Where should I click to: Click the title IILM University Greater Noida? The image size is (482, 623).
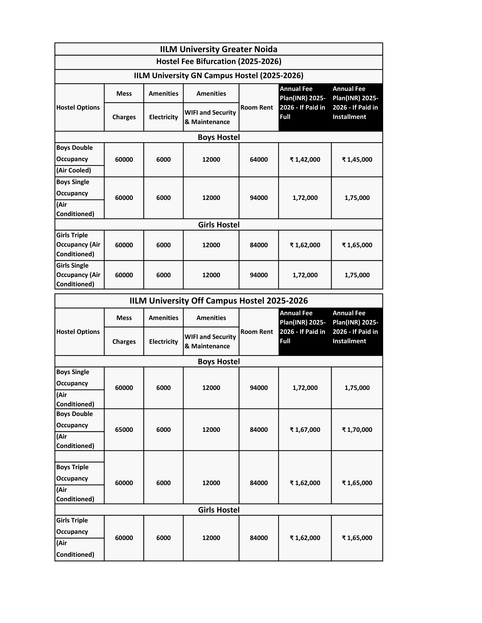point(218,49)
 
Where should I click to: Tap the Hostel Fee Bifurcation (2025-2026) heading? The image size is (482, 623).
point(218,62)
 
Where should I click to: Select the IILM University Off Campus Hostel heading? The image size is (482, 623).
point(218,301)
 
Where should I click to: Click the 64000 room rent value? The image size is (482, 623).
point(259,159)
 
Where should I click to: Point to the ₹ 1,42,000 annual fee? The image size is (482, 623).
point(305,159)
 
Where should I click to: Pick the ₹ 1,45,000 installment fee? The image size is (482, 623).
point(357,159)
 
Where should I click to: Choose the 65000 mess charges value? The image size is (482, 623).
point(124,430)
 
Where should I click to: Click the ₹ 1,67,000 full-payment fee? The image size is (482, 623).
point(305,430)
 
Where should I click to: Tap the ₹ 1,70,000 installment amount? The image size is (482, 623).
point(357,430)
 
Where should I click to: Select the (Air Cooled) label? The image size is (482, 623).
point(74,170)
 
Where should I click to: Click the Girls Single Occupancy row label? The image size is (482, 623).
point(78,275)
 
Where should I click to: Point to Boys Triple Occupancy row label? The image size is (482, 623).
point(72,473)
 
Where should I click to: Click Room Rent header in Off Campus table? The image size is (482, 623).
point(257,332)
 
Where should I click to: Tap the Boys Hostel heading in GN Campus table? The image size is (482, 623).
point(218,137)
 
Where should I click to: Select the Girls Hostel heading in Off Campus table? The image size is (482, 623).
point(218,510)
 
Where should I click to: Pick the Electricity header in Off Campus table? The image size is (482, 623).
point(163,342)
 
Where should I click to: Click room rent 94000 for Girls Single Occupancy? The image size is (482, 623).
point(259,275)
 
